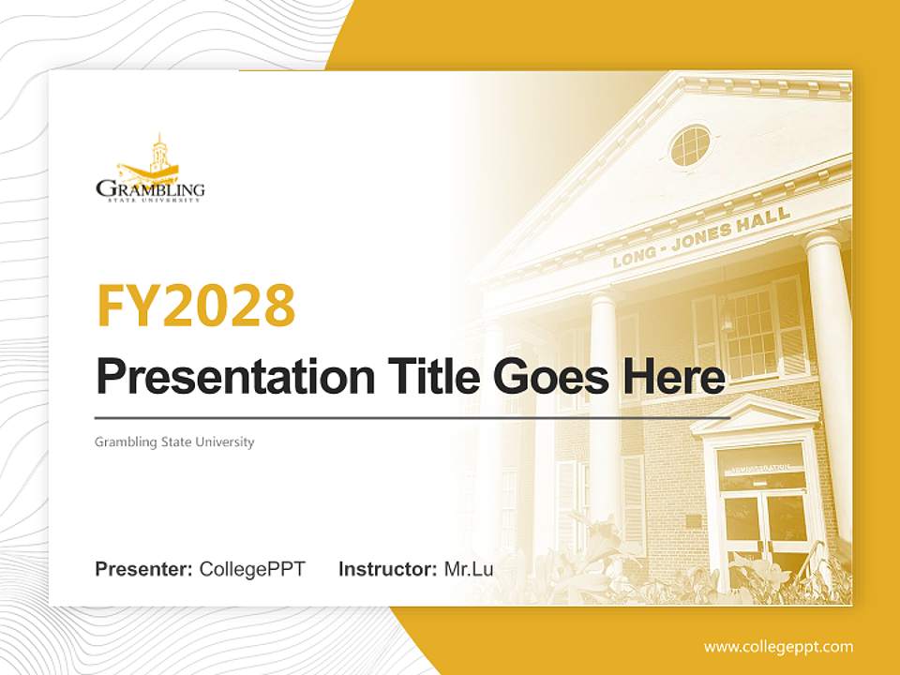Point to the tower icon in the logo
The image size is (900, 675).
point(159,150)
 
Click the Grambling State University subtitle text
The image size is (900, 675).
point(174,442)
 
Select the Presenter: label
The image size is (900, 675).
point(144,569)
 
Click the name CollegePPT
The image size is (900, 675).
point(252,569)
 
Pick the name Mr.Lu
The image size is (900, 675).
point(469,569)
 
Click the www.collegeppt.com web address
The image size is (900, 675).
point(778,647)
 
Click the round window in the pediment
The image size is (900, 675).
point(690,145)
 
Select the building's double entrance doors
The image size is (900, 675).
point(765,525)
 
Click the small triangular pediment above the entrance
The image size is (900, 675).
point(755,415)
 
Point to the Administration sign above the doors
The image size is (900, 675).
point(761,466)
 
